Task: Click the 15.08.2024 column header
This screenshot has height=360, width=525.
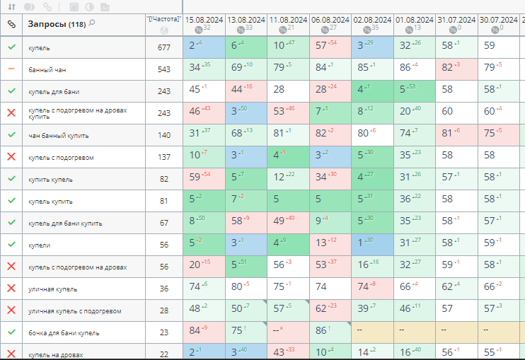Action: [x=203, y=20]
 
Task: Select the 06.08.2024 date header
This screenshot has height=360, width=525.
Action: [x=330, y=20]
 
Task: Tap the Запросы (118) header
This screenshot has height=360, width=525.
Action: [x=56, y=24]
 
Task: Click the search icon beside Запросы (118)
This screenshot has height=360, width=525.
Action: [x=92, y=23]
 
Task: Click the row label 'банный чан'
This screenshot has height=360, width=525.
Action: [x=47, y=69]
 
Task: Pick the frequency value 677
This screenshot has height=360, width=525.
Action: [x=164, y=47]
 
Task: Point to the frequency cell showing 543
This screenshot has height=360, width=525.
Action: [x=164, y=69]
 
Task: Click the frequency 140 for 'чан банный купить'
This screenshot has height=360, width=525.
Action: [x=164, y=135]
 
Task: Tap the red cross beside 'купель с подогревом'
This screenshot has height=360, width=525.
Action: [x=11, y=157]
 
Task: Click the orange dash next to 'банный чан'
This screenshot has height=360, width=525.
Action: [x=11, y=69]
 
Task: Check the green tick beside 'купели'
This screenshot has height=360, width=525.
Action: [x=11, y=244]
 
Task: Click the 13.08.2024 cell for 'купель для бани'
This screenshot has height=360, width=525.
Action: [x=246, y=90]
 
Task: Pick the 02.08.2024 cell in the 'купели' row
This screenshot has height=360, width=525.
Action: [x=371, y=243]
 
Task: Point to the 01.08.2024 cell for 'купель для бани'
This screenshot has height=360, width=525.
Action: [x=414, y=90]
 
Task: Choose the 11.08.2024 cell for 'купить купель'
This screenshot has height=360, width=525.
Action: [x=288, y=178]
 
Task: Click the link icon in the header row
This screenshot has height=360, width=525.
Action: [x=11, y=24]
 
